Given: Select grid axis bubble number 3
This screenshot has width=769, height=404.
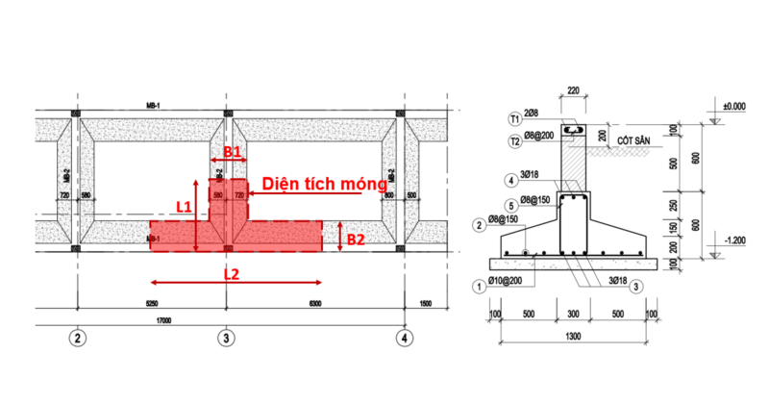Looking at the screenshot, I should (225, 338).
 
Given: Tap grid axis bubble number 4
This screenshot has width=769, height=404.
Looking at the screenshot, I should (407, 338).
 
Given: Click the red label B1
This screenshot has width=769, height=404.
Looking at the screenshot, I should (231, 152).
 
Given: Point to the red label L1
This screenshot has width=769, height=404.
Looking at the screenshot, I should (185, 206).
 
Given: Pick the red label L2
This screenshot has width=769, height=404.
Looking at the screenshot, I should (232, 274).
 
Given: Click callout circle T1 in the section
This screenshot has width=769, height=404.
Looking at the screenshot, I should (515, 117).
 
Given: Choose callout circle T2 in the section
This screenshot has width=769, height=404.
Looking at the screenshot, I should (515, 139).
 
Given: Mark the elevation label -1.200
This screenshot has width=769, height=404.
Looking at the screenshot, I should (736, 239).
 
